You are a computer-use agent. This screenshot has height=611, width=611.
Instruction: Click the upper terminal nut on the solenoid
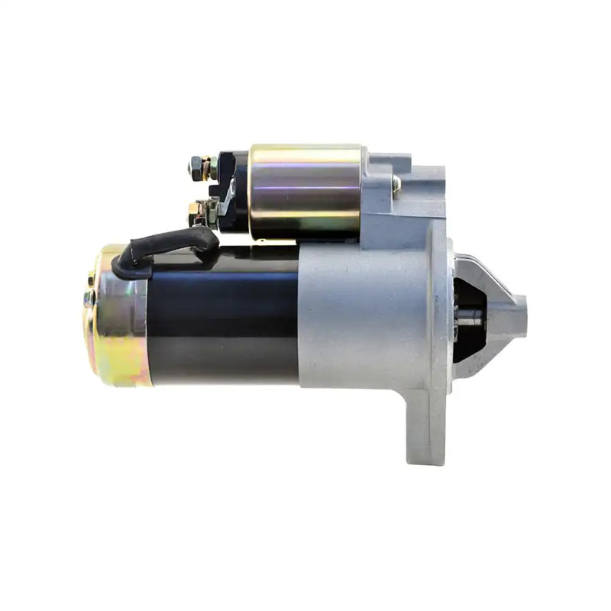pyautogui.click(x=197, y=165)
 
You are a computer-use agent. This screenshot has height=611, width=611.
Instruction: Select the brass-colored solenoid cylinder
pyautogui.click(x=305, y=191)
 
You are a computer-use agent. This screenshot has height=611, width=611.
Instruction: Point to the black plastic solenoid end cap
pyautogui.click(x=235, y=191)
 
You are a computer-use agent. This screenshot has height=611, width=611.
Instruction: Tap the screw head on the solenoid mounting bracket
pyautogui.click(x=396, y=183)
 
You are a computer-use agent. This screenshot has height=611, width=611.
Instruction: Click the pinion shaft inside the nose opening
pyautogui.click(x=469, y=321)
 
